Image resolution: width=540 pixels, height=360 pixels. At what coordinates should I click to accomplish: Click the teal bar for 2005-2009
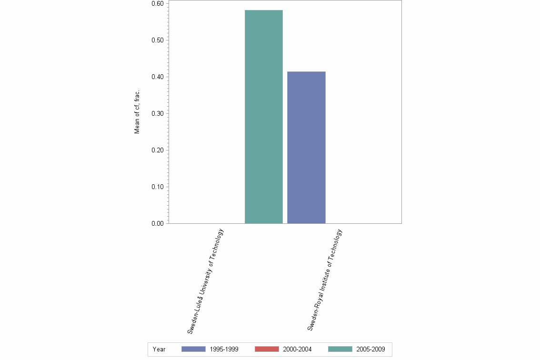pyautogui.click(x=263, y=117)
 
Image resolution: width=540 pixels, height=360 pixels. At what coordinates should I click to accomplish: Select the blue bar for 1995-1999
pyautogui.click(x=306, y=147)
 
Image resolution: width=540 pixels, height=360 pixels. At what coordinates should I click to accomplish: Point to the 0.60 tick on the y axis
pyautogui.click(x=157, y=4)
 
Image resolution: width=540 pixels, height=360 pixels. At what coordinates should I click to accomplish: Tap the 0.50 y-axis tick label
pyautogui.click(x=157, y=40)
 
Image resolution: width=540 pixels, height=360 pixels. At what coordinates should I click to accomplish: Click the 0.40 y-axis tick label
pyautogui.click(x=157, y=77)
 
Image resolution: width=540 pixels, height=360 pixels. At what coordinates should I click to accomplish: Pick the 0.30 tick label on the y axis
pyautogui.click(x=157, y=114)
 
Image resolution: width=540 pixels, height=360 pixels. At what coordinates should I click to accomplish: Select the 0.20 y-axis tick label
pyautogui.click(x=157, y=150)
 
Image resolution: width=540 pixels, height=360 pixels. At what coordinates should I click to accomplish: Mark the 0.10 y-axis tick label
pyautogui.click(x=157, y=187)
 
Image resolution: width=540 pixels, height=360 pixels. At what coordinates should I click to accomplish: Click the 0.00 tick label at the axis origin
pyautogui.click(x=157, y=224)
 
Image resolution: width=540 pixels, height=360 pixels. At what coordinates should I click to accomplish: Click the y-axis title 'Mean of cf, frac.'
pyautogui.click(x=137, y=113)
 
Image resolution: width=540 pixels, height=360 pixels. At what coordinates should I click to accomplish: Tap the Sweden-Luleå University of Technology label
pyautogui.click(x=205, y=281)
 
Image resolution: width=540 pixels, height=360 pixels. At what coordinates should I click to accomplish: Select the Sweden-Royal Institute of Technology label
pyautogui.click(x=325, y=280)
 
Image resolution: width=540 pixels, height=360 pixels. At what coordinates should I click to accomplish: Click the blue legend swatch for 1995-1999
pyautogui.click(x=193, y=349)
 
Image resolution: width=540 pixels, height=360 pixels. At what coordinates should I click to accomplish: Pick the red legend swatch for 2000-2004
pyautogui.click(x=267, y=349)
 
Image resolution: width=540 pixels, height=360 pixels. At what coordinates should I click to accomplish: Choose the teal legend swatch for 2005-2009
pyautogui.click(x=340, y=349)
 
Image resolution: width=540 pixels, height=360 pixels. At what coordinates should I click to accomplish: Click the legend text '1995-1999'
pyautogui.click(x=224, y=350)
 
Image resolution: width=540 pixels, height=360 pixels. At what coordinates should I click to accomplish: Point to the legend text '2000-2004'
pyautogui.click(x=297, y=350)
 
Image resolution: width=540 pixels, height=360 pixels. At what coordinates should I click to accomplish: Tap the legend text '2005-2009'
pyautogui.click(x=370, y=350)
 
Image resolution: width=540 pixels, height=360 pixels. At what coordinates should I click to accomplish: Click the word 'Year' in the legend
pyautogui.click(x=159, y=350)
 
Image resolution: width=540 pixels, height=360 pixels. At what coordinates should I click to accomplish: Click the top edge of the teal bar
pyautogui.click(x=263, y=10)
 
